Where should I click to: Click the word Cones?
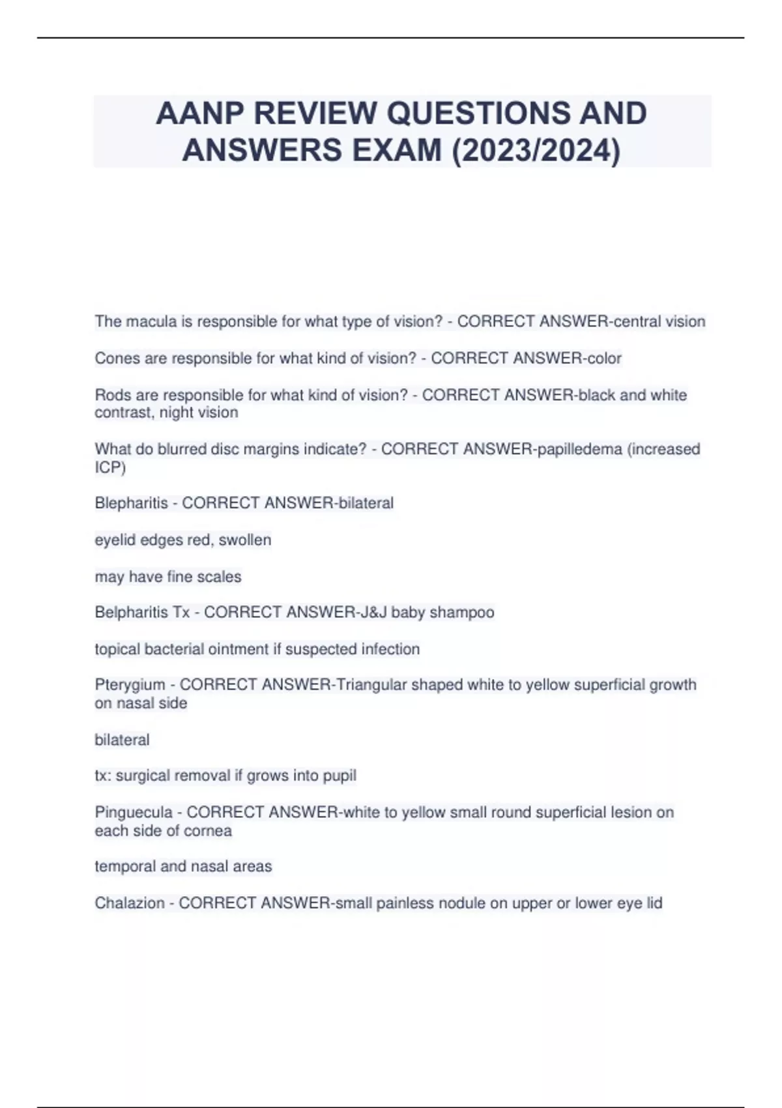pyautogui.click(x=115, y=358)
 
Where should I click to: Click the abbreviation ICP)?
pyautogui.click(x=110, y=467)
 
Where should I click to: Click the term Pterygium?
pyautogui.click(x=130, y=685)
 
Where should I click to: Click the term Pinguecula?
pyautogui.click(x=134, y=812)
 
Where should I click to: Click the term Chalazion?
pyautogui.click(x=130, y=903)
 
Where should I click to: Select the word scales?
pyautogui.click(x=222, y=577)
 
